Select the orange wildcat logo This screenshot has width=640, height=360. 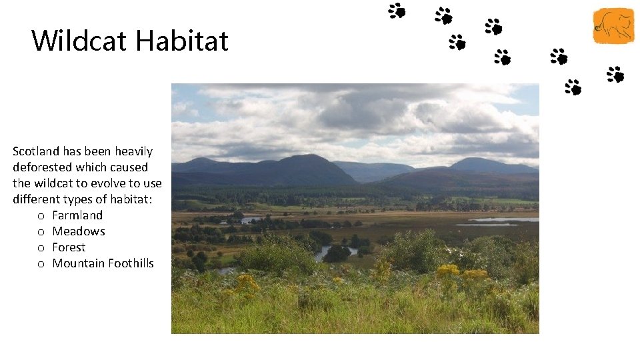(613, 26)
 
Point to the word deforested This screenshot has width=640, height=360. (41, 167)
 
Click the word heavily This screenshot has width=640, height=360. (133, 151)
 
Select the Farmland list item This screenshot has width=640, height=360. (77, 215)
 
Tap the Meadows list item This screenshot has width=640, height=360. (79, 231)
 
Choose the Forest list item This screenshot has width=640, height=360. (69, 247)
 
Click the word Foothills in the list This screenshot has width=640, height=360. (129, 263)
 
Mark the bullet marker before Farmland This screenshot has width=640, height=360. (41, 216)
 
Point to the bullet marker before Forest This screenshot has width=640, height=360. (41, 248)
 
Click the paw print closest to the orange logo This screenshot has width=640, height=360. (615, 74)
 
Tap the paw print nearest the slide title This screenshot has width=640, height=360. (397, 10)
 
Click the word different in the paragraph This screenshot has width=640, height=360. (36, 199)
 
